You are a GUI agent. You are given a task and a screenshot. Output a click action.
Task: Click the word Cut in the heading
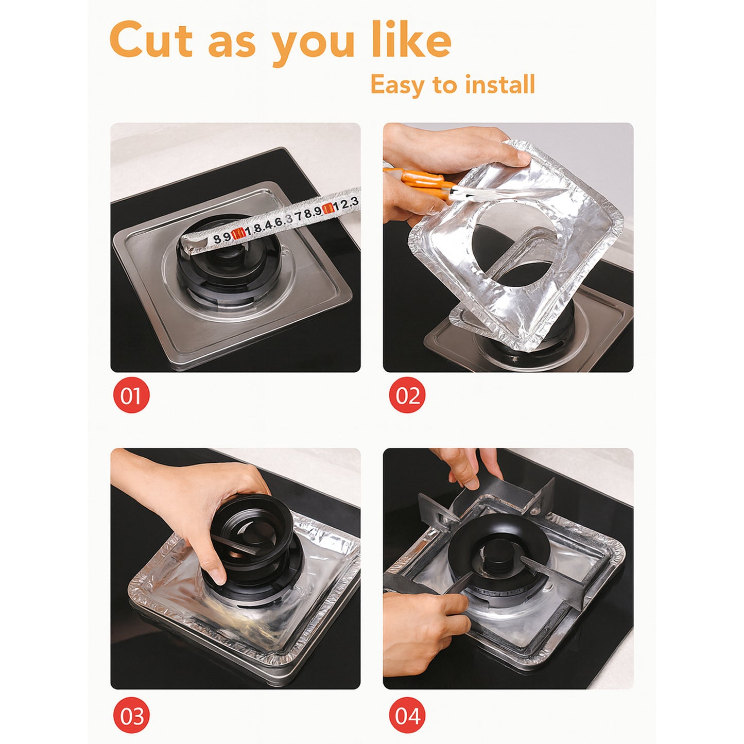click(151, 41)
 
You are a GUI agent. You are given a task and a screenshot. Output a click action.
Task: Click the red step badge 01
click(131, 395)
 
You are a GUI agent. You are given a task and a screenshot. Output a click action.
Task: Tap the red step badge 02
click(407, 395)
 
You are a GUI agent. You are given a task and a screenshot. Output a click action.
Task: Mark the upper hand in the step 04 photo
click(469, 466)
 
